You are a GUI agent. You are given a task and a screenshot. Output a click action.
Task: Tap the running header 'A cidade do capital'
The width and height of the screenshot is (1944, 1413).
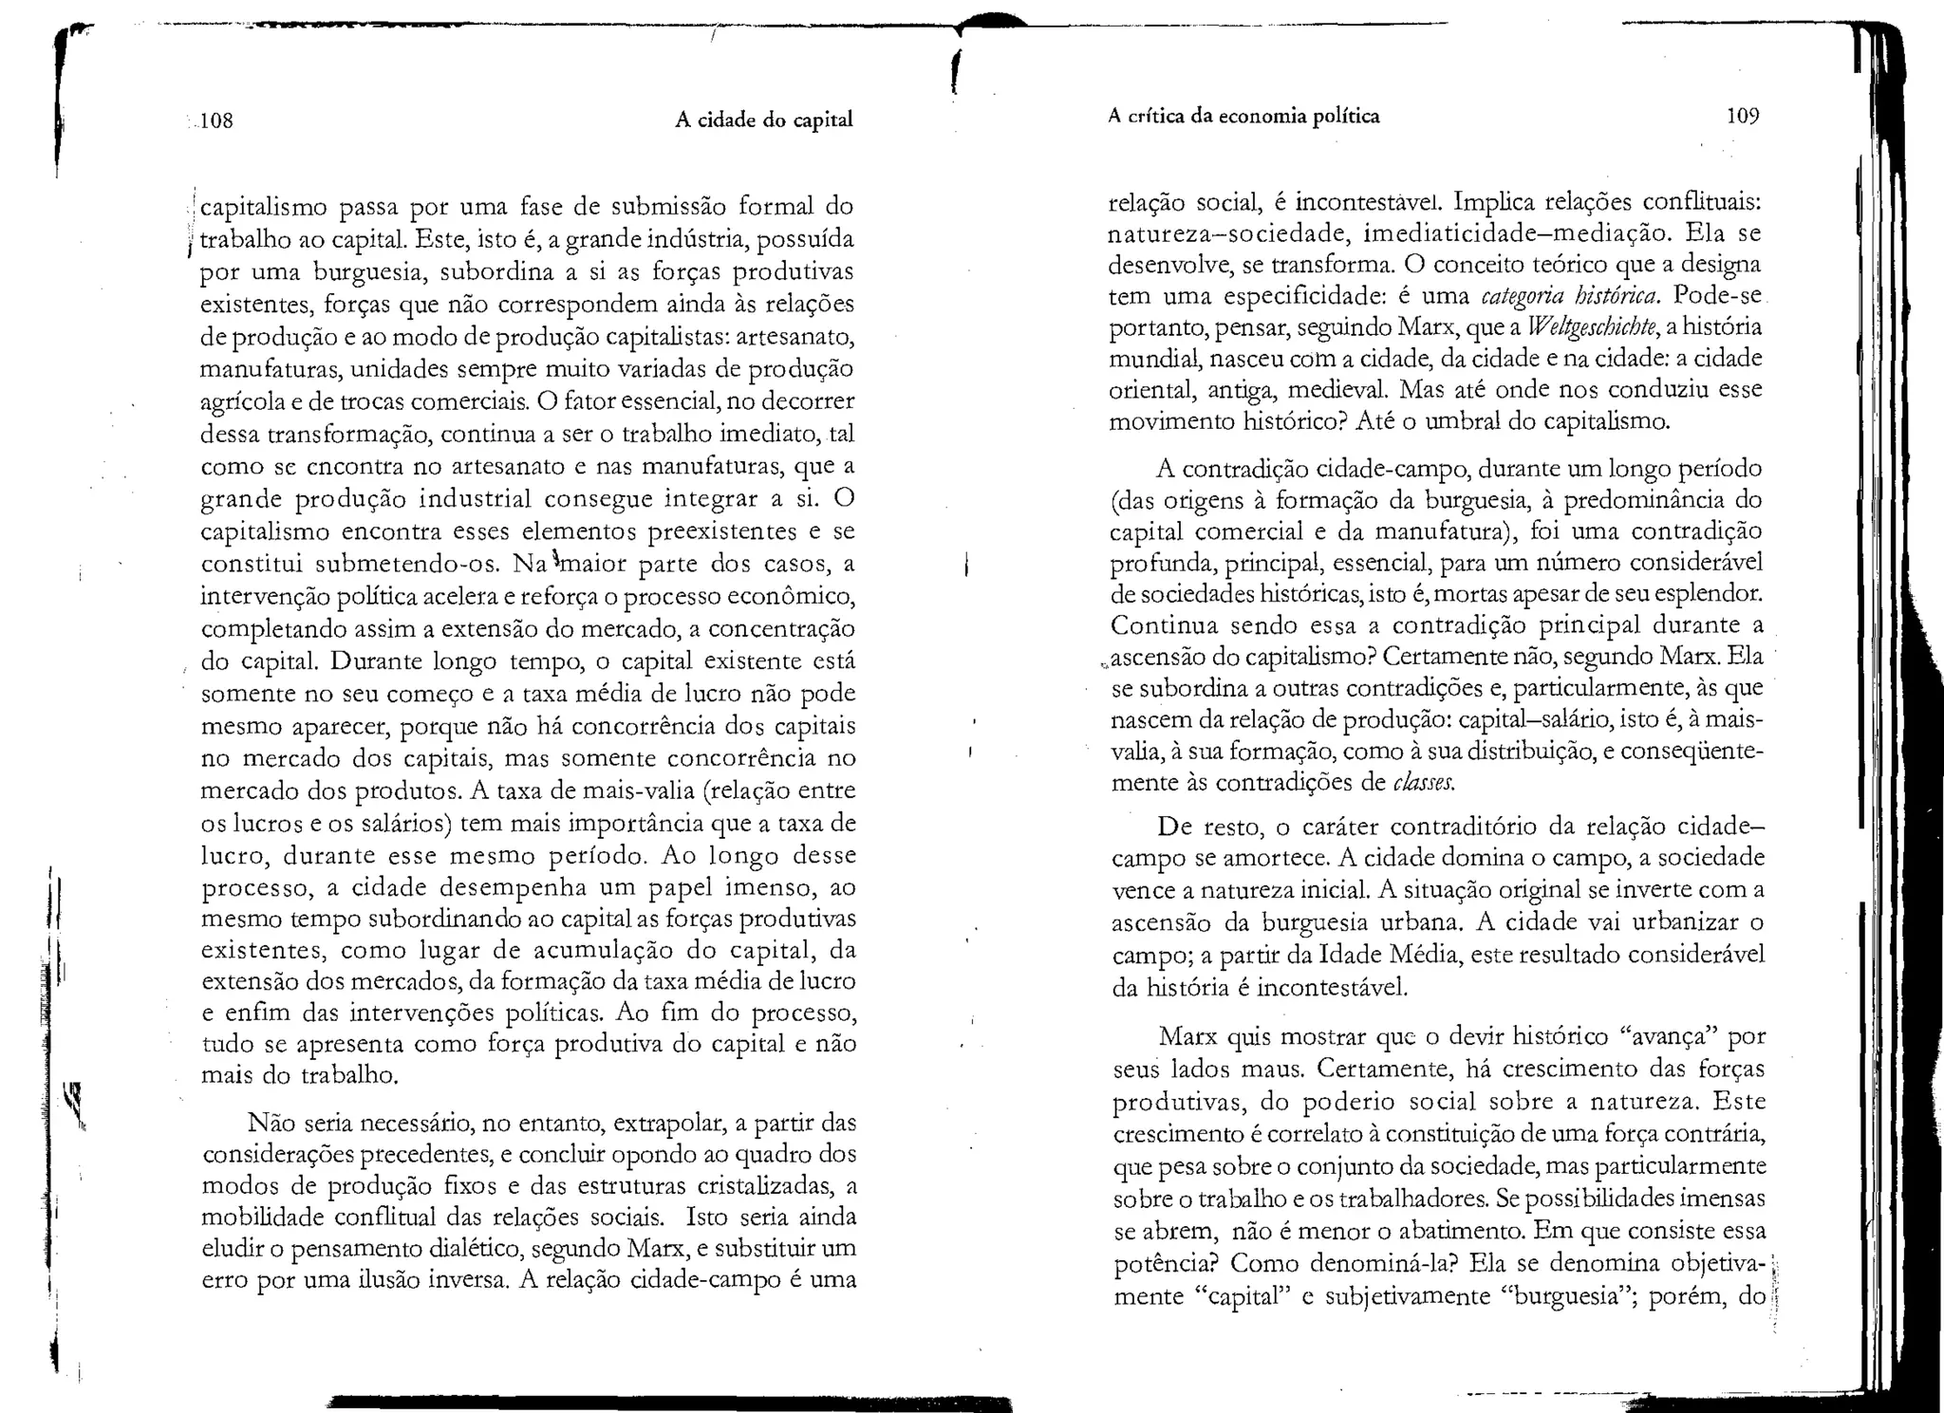tap(763, 120)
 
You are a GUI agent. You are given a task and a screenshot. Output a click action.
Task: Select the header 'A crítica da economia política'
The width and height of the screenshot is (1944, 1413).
tap(1243, 116)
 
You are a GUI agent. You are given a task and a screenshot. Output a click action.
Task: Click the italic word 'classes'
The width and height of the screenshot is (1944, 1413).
tap(1424, 783)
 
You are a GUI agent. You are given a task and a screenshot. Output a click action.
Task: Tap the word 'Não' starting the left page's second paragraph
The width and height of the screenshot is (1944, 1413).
tap(269, 1123)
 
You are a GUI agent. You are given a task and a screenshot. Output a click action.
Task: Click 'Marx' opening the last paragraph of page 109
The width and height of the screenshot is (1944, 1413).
tap(1188, 1036)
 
